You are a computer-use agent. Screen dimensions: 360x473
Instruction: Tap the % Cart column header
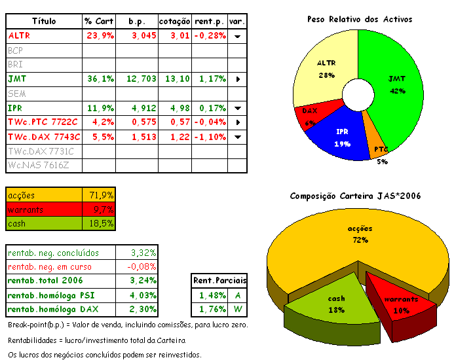99,21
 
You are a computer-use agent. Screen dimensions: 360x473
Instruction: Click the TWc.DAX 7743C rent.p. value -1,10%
210,137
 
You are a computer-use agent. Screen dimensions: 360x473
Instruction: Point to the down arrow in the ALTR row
238,36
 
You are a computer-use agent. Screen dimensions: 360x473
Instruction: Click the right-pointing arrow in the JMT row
238,79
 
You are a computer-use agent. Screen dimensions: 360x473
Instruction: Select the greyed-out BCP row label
16,50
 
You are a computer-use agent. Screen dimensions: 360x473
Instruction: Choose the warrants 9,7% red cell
102,209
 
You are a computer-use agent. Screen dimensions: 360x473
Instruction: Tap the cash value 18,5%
102,224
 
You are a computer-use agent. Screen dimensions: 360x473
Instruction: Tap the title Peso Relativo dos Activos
360,20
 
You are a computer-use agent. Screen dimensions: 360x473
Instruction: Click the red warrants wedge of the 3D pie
400,298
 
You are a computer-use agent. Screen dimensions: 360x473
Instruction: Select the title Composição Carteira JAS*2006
355,196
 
